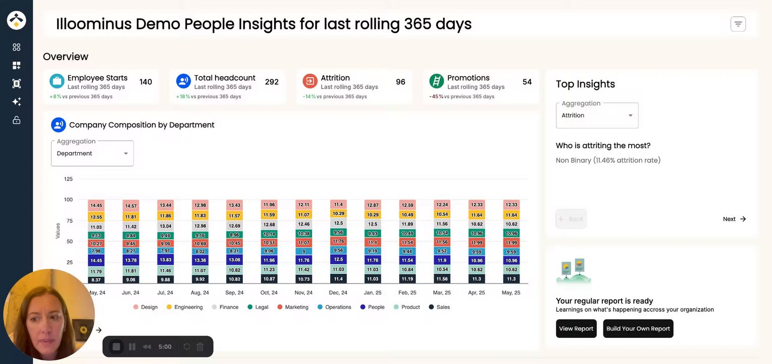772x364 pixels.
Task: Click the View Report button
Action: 576,329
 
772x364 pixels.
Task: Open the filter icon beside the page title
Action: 738,24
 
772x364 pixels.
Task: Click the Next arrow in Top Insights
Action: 735,219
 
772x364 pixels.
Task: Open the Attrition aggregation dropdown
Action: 597,115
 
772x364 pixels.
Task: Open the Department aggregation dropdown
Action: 92,153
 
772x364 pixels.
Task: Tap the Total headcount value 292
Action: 272,82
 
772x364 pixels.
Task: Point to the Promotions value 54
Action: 527,82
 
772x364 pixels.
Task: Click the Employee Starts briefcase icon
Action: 57,81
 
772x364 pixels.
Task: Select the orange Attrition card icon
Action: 310,81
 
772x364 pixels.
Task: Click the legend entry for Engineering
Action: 184,307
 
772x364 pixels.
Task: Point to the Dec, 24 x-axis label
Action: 338,293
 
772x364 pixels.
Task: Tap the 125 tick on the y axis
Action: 68,179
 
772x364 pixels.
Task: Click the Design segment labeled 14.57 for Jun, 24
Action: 131,206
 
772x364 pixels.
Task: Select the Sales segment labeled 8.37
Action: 96,280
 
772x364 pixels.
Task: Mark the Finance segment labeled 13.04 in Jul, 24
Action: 165,226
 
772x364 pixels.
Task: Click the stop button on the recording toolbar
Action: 116,347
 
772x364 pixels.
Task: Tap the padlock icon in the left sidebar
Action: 17,120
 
